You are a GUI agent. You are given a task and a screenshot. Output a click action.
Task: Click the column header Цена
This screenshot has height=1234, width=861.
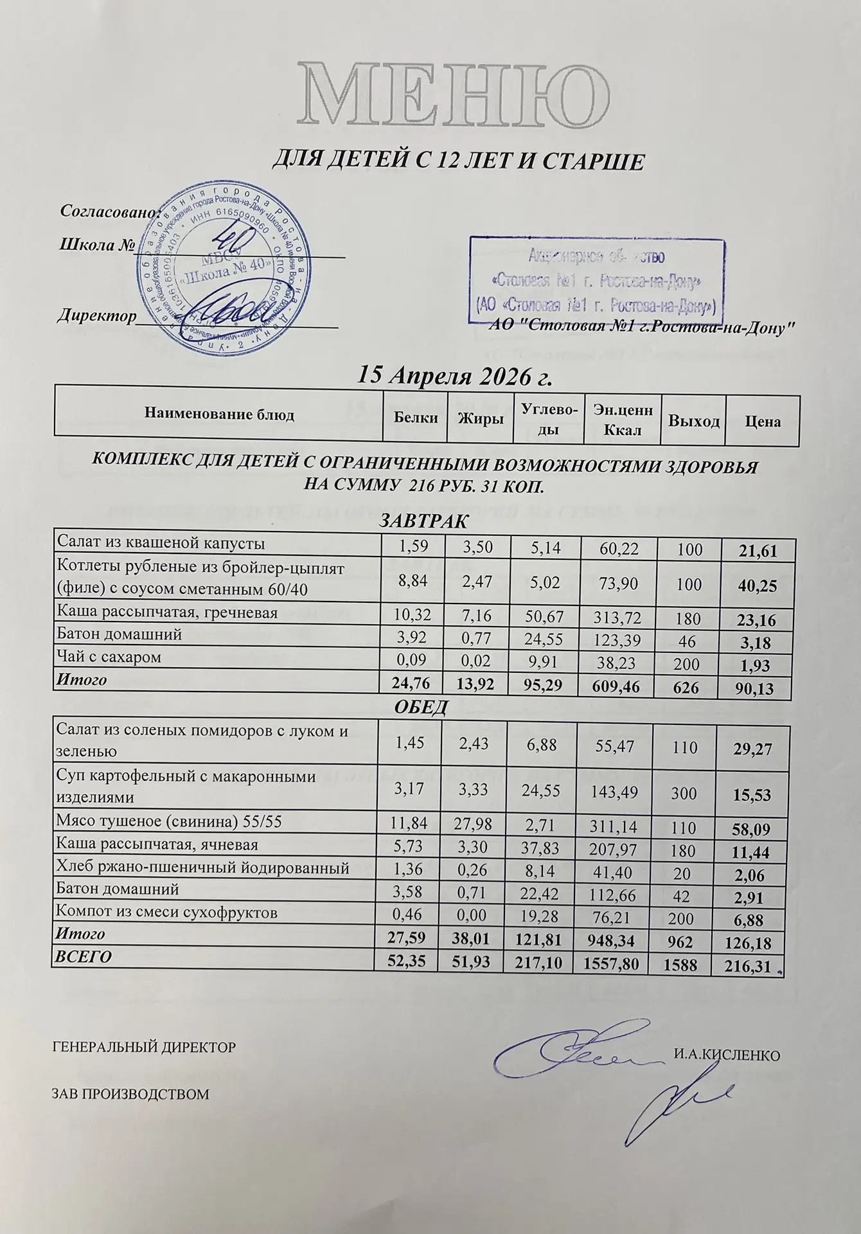[x=763, y=422]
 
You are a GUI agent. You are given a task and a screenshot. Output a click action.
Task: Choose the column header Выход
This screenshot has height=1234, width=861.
[x=694, y=420]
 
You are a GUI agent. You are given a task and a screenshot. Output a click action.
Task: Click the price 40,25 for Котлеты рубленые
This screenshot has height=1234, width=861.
[x=759, y=586]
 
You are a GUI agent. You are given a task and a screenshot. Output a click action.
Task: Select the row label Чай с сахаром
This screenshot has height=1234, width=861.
[x=109, y=657]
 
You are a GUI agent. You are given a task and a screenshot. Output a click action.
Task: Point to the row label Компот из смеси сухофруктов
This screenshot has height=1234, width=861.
[x=167, y=913]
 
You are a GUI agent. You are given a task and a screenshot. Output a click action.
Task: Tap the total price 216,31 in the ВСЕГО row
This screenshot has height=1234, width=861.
[x=749, y=965]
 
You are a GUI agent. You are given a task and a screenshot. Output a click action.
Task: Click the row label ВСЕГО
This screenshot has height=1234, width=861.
[x=84, y=956]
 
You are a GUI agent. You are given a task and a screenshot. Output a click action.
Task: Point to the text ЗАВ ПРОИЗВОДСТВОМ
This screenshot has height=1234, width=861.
[x=130, y=1094]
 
